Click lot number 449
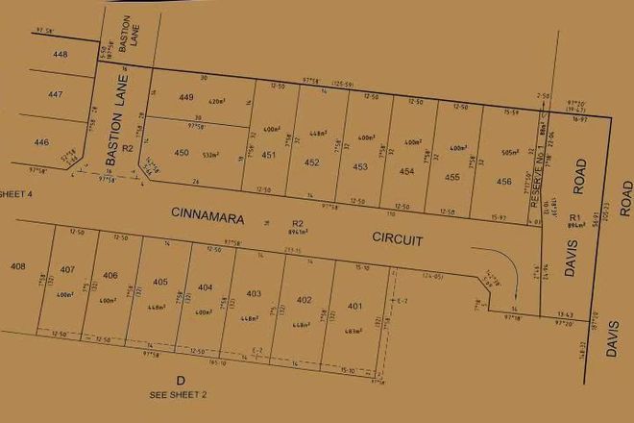tap(186, 98)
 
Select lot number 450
tap(182, 153)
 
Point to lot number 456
tap(503, 181)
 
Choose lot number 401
tap(355, 307)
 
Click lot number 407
tap(67, 268)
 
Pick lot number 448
tap(61, 55)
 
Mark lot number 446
tap(41, 142)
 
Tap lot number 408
tap(17, 265)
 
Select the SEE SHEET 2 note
tap(179, 394)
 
